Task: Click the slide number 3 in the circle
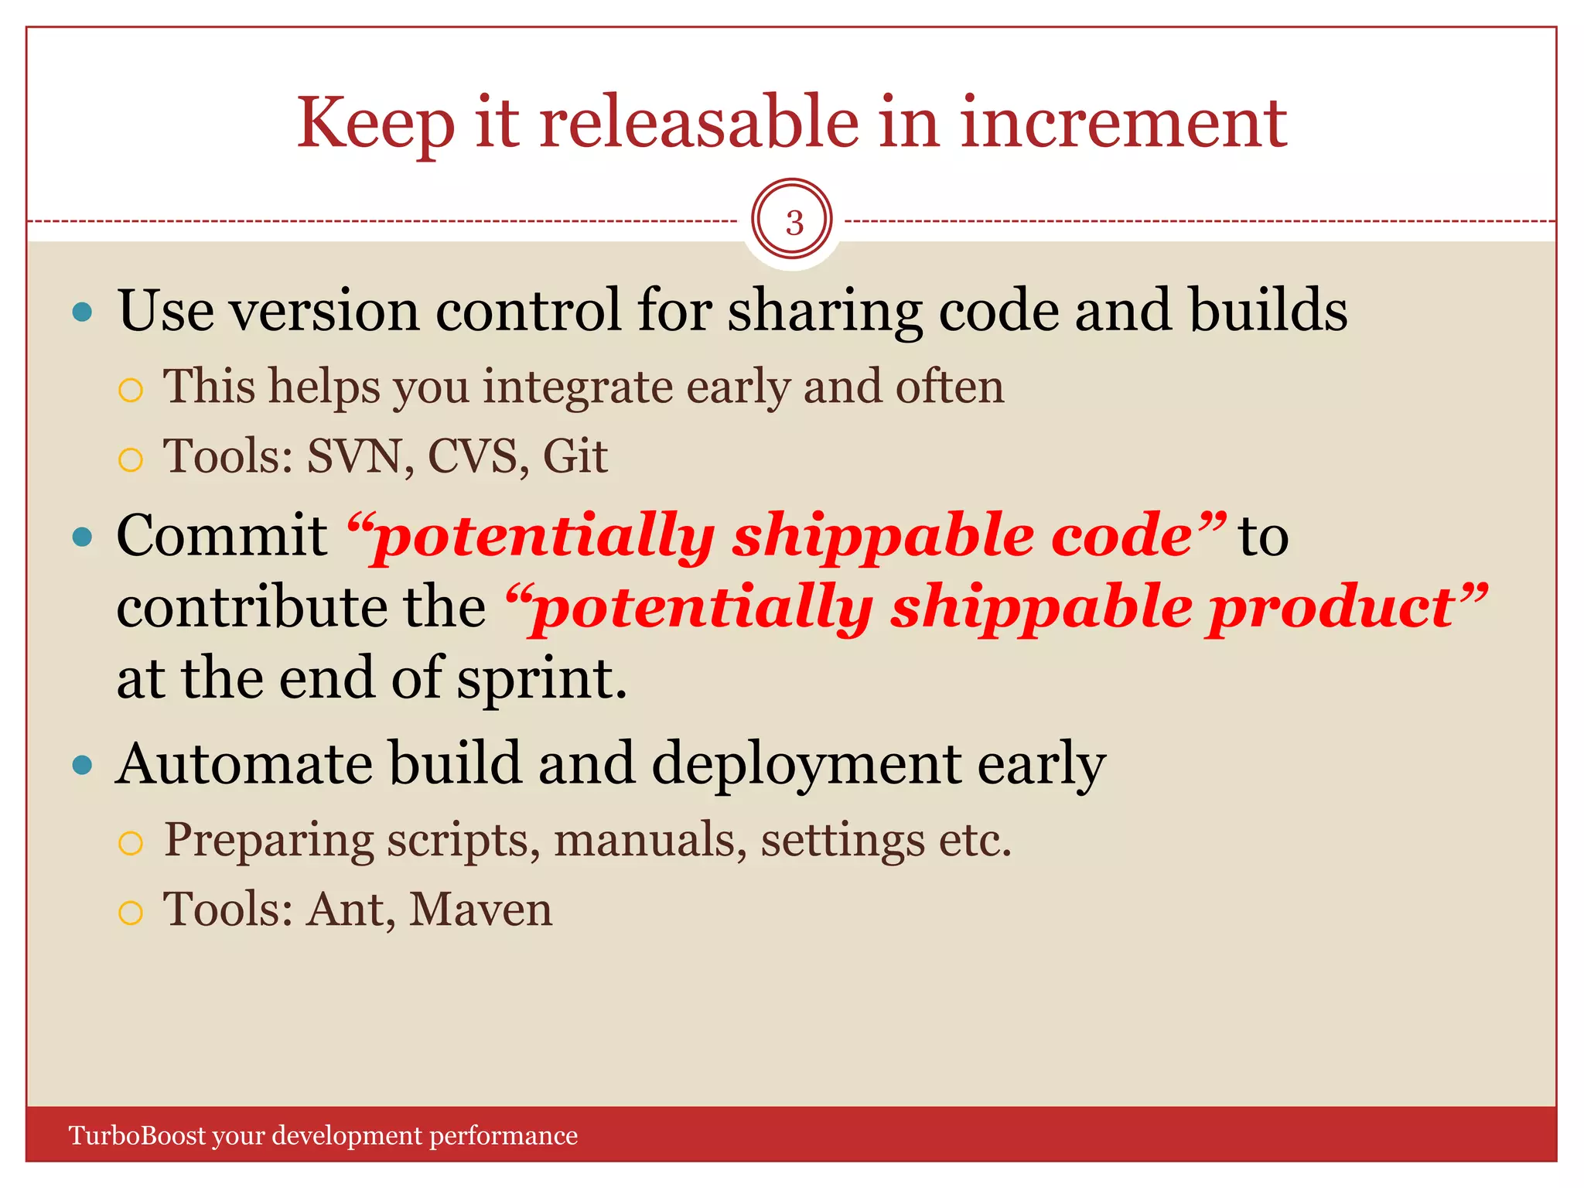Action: (x=794, y=223)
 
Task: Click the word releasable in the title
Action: (x=698, y=124)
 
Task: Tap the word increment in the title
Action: (x=1123, y=124)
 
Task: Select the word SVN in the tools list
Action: (x=355, y=456)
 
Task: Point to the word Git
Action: (x=575, y=456)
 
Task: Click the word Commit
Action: (x=222, y=535)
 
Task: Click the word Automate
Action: (x=244, y=764)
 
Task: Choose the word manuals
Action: (x=650, y=841)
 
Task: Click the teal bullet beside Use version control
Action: (x=82, y=312)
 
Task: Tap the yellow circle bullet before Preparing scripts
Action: (x=131, y=843)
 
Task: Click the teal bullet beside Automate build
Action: (x=82, y=766)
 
